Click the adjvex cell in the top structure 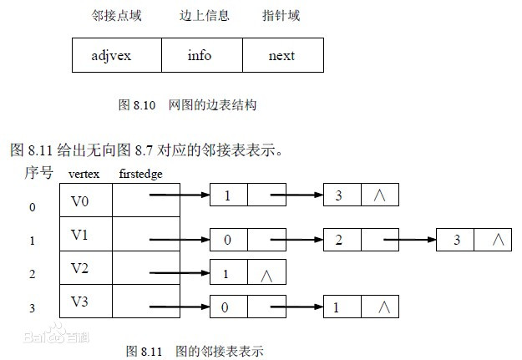point(111,56)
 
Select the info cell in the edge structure point(199,56)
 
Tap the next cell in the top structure point(281,56)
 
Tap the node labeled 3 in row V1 point(456,241)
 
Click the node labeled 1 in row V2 point(226,273)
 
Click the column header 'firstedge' point(140,175)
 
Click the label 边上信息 point(204,16)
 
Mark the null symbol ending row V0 point(380,195)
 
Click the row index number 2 point(32,274)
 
